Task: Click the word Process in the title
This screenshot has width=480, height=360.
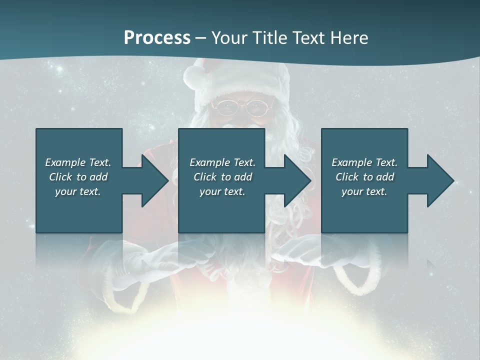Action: point(157,38)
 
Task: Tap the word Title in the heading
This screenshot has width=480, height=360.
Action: point(270,38)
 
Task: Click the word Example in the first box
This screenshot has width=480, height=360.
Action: point(65,162)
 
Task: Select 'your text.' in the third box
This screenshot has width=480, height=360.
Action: point(364,191)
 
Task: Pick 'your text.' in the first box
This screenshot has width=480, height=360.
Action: point(78,191)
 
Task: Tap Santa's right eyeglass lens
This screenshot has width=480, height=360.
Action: point(258,106)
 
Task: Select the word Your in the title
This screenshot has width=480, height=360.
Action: point(230,38)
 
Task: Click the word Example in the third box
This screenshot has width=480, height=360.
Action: point(351,162)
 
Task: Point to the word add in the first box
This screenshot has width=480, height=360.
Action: point(98,177)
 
